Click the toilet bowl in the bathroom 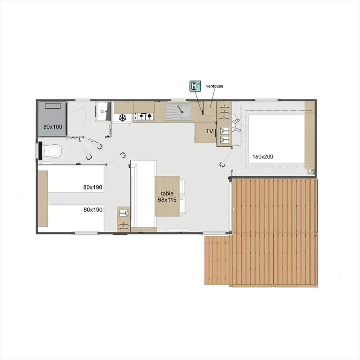coord(53,151)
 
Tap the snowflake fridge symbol coord(123,118)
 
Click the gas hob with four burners coord(144,117)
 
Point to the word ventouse coord(214,86)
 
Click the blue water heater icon coord(195,86)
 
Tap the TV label coord(210,131)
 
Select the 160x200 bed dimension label coord(262,157)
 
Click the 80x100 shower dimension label coord(53,127)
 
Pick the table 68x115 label coord(167,196)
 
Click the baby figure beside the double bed coord(236,124)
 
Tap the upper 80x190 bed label coord(93,187)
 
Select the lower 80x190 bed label coord(93,210)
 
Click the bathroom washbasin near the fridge coord(102,112)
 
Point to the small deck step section coord(217,261)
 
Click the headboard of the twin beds coord(43,199)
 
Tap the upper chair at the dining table coord(182,186)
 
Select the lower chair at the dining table coord(182,206)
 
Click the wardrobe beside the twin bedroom coord(124,219)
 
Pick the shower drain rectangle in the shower coord(53,106)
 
